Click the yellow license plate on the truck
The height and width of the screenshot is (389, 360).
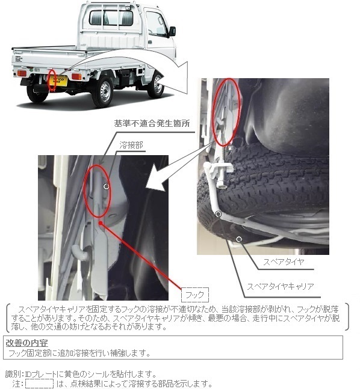pos(58,81)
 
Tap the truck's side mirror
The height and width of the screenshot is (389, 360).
pos(172,31)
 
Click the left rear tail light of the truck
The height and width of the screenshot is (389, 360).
pos(22,73)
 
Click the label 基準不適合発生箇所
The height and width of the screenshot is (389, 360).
pos(152,123)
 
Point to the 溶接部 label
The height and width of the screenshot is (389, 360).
pos(131,145)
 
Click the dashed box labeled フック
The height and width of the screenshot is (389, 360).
pos(195,295)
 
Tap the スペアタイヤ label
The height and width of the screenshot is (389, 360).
pos(284,262)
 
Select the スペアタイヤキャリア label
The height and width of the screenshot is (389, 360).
pos(281,287)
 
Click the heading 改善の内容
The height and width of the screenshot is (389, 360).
pos(26,343)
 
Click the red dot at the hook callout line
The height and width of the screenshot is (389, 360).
pos(101,223)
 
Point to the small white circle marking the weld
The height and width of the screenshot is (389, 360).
pos(107,186)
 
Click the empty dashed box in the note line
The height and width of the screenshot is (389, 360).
pos(40,384)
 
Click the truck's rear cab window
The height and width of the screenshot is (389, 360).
pos(111,18)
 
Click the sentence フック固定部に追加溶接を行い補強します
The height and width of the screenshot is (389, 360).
pos(79,353)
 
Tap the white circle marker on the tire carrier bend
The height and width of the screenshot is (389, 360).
pos(218,214)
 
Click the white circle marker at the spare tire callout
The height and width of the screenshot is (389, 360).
pos(239,239)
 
